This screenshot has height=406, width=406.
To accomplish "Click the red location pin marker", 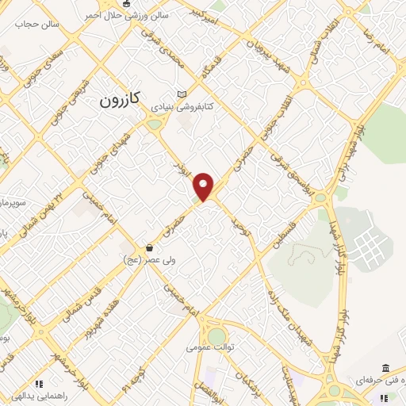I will click(x=205, y=187).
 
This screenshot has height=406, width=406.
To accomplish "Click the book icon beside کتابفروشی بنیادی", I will click(x=182, y=93).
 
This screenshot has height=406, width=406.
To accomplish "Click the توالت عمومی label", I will click(x=207, y=347).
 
